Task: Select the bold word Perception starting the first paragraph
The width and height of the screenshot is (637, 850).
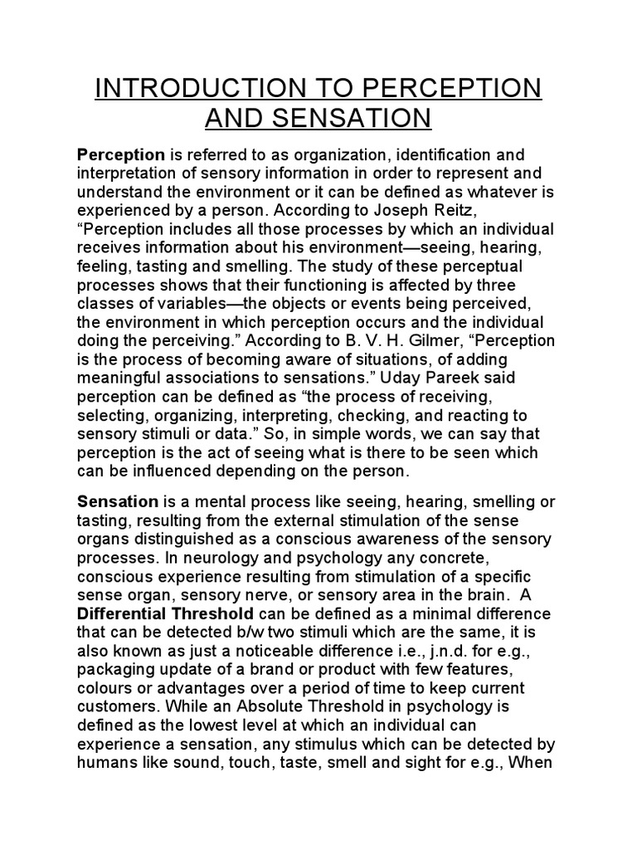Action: pyautogui.click(x=121, y=155)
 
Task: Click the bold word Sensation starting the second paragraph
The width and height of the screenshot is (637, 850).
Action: pyautogui.click(x=117, y=502)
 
